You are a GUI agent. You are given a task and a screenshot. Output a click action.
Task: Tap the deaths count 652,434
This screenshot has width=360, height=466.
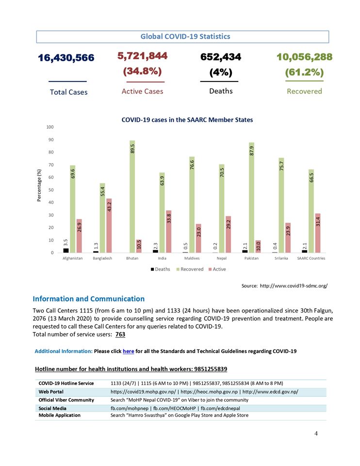221,57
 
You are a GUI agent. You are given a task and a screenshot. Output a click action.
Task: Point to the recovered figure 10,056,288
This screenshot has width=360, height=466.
304,57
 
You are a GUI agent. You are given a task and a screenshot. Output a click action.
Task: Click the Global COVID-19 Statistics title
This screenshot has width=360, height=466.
185,36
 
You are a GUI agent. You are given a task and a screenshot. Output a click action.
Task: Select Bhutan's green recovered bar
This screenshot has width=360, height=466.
132,197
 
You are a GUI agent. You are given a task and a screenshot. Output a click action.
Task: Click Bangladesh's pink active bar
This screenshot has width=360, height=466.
109,225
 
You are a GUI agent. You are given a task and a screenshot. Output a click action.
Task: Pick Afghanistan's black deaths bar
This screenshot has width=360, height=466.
66,250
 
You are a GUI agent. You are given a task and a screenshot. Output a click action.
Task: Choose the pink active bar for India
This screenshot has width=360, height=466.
168,231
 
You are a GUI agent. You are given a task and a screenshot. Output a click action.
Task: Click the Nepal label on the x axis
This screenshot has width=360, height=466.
222,258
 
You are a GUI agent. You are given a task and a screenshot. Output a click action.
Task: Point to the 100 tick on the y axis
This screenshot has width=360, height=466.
50,127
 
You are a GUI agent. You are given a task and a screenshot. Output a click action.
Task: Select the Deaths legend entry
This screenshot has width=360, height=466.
160,269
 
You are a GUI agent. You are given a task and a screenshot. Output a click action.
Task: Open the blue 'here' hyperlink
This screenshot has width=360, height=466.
129,351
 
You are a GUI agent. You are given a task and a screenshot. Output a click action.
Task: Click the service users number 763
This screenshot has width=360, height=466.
120,334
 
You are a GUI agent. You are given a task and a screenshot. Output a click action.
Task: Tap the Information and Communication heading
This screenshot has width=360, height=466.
88,299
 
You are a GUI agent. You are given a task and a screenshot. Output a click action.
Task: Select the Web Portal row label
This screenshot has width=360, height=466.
51,392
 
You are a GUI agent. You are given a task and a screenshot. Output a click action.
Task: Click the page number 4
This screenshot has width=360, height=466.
316,433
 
